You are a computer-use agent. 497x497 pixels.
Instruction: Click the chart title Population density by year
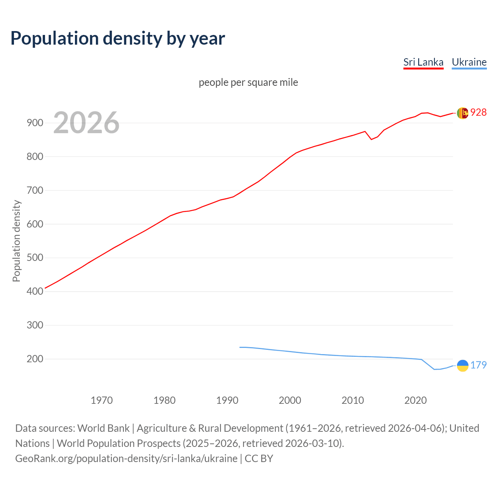point(118,38)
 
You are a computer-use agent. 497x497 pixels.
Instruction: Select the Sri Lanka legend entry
point(423,62)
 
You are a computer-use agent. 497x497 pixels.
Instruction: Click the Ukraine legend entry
point(469,62)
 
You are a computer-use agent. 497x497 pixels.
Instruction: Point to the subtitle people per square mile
point(248,82)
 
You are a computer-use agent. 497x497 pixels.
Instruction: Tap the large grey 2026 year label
point(86,123)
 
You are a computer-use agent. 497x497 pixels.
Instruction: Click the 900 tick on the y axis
point(35,123)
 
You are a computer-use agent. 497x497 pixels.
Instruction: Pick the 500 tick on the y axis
point(35,258)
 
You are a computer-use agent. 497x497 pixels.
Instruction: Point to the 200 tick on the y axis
point(35,359)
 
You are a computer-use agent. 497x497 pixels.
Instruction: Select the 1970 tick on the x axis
point(102,400)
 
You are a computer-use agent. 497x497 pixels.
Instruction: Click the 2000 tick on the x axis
point(290,400)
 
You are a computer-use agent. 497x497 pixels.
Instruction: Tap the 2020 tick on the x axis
point(415,400)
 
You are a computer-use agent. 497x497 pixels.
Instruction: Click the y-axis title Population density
point(16,241)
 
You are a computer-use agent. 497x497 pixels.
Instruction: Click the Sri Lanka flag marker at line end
point(462,113)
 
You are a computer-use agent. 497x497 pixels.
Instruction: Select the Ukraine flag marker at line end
point(462,365)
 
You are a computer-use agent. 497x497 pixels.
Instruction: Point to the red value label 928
point(478,112)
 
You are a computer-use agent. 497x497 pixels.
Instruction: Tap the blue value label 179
point(478,365)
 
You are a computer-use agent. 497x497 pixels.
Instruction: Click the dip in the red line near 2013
point(371,139)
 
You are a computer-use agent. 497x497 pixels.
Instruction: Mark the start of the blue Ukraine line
point(240,347)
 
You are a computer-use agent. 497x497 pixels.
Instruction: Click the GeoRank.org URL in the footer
point(126,458)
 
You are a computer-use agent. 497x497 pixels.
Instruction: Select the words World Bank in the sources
point(103,428)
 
